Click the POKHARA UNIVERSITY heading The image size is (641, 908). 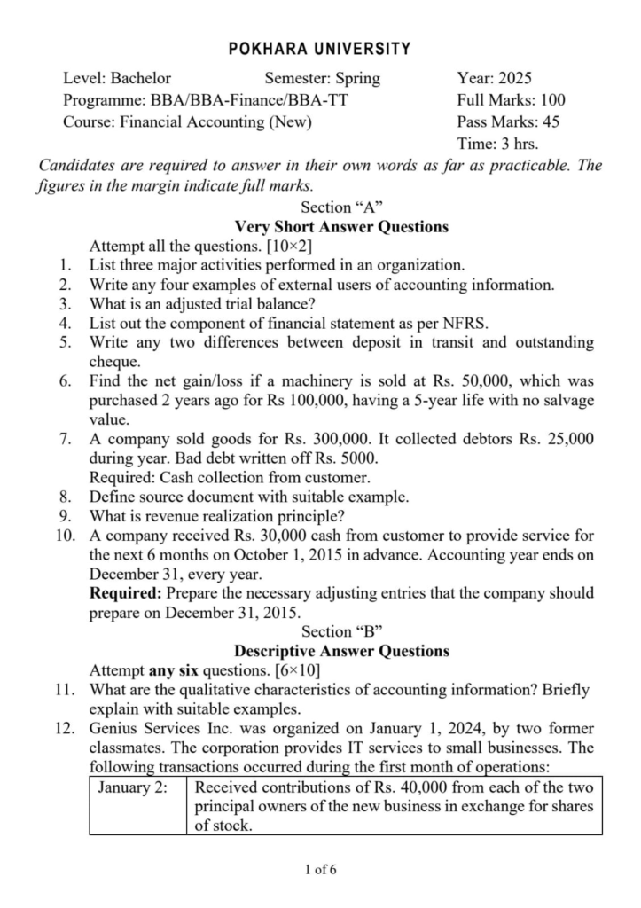(320, 49)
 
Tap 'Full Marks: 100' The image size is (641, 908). (511, 100)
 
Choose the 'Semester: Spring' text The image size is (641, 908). (322, 78)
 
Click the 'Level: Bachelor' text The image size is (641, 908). (117, 78)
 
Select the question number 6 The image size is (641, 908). (66, 381)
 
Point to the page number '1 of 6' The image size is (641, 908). (320, 869)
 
